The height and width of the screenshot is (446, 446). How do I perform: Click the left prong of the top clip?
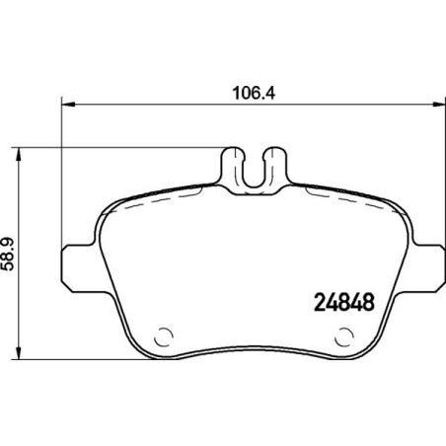(235, 161)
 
